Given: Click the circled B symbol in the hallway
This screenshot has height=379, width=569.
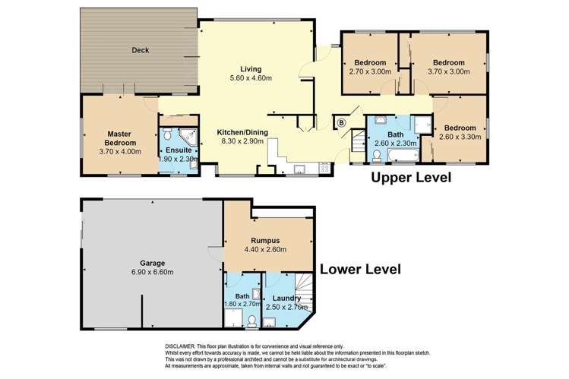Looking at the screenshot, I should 341,122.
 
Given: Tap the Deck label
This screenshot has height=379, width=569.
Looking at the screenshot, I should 140,51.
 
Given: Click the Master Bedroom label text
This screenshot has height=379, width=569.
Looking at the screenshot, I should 120,138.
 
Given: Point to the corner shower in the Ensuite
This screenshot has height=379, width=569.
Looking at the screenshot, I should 191,137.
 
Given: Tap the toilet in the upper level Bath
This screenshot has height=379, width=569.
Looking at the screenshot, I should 378,156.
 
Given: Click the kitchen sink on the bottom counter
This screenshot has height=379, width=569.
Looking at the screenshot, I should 299,168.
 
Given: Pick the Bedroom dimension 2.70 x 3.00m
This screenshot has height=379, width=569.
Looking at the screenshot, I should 369,72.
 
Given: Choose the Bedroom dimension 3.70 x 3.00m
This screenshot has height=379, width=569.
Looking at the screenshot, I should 448,72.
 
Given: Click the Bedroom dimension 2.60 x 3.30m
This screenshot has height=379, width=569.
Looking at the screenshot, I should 460,137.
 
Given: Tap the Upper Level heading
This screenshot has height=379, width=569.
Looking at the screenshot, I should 410,178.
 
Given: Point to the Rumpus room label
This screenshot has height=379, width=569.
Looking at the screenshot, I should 268,237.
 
